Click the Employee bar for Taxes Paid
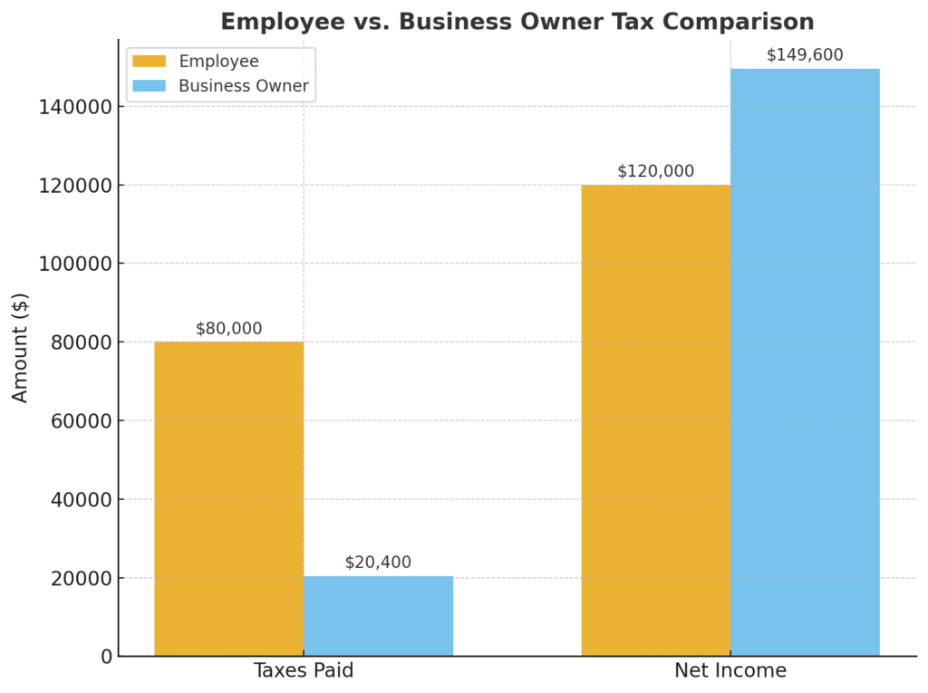pos(228,498)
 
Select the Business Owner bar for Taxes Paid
pos(378,616)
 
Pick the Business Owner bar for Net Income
pos(805,362)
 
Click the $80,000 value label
pos(228,329)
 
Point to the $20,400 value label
pos(378,563)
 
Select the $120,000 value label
pos(655,171)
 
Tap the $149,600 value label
pos(805,55)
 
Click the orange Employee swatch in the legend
pos(150,62)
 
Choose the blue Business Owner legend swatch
pos(150,87)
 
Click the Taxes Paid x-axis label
pos(303,671)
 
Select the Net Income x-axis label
pos(730,671)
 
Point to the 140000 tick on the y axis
pos(75,107)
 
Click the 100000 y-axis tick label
pos(75,264)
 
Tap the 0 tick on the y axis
pos(107,656)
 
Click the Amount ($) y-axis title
pos(21,348)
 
